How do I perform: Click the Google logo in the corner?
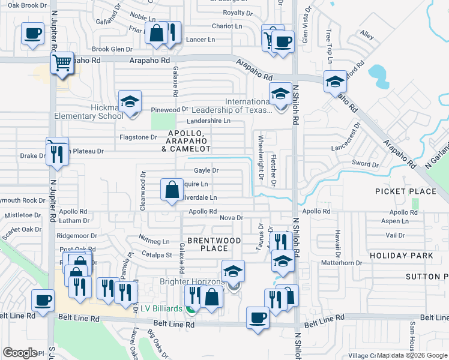click(20, 353)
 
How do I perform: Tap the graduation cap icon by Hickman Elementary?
click(129, 101)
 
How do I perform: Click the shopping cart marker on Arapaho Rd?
click(62, 62)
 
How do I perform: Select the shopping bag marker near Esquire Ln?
click(172, 190)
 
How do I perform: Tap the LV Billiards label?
click(161, 308)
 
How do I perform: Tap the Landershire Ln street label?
click(209, 121)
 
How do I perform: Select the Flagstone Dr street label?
click(137, 137)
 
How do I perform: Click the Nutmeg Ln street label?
click(154, 242)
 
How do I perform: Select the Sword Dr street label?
click(365, 163)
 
